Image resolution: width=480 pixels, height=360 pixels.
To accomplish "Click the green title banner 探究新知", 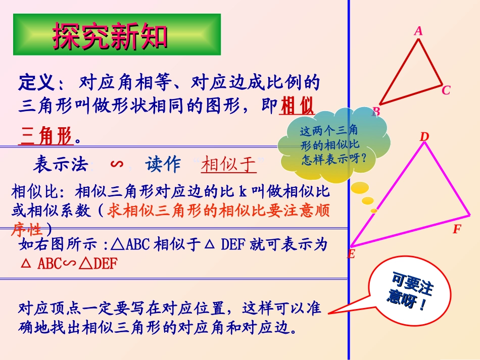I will [x=117, y=34].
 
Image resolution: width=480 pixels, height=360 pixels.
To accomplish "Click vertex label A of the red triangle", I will [x=418, y=31].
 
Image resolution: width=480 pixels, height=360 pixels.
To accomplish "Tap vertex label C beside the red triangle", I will [x=446, y=91].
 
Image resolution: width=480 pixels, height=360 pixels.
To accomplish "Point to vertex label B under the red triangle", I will [x=376, y=112].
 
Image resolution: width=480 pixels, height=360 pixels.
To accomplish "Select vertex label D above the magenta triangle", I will [x=424, y=137].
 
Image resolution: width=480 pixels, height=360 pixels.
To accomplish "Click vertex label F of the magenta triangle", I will [x=457, y=229].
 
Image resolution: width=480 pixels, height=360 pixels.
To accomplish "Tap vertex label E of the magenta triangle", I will [x=351, y=254].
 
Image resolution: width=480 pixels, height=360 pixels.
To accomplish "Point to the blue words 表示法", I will [x=61, y=165].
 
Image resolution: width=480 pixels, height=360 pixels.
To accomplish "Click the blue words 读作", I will [x=163, y=165].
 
